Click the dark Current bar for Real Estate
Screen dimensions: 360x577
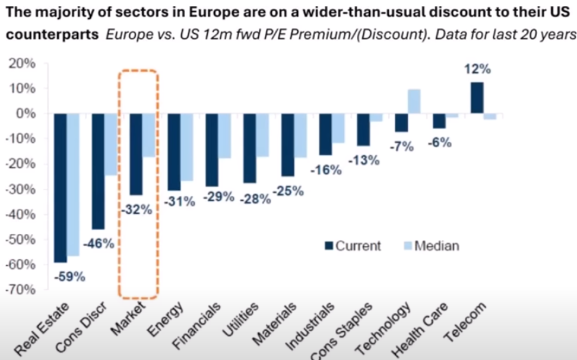click(x=60, y=187)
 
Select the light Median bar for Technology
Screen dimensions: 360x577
click(x=414, y=101)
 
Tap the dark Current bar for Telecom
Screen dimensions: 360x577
click(x=477, y=98)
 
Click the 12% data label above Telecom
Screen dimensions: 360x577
click(x=477, y=70)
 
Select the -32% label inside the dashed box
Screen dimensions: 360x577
click(x=137, y=210)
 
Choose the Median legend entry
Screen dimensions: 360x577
click(x=430, y=246)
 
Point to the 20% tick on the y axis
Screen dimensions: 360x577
click(x=23, y=64)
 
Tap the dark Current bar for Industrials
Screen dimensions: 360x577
click(x=325, y=134)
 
